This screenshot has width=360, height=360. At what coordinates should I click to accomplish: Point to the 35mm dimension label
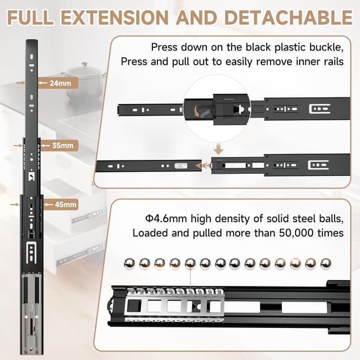(62, 146)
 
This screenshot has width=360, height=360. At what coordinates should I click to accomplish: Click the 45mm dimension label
(66, 204)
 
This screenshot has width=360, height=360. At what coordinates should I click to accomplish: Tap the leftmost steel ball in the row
(129, 263)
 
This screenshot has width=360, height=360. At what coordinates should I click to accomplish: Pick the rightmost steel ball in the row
(326, 263)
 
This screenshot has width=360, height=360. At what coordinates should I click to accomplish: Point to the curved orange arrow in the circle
(197, 110)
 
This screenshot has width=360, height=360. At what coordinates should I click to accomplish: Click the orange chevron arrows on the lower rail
(205, 166)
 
